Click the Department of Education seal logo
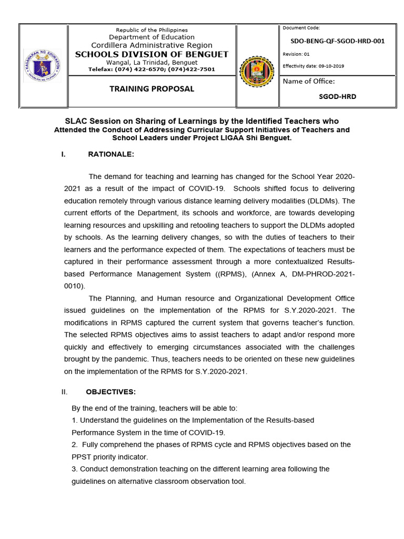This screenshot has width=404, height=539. coord(43,66)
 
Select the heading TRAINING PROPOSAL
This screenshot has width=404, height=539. coord(151,89)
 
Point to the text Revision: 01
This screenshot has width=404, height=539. coord(296,54)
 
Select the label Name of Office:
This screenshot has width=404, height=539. coord(308,81)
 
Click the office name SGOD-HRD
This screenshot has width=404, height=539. coord(337,97)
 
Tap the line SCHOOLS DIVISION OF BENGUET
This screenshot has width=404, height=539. coord(151,54)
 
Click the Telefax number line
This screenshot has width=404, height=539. coord(151,69)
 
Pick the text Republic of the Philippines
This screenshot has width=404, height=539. coord(151,30)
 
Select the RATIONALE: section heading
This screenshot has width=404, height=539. coord(111,154)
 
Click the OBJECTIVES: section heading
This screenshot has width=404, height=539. coord(112,392)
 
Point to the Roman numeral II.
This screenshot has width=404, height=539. coord(65,392)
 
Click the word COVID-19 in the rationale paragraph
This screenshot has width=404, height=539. coord(206,188)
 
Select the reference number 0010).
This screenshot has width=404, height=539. coord(74,286)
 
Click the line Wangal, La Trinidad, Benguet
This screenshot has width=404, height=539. coord(151,62)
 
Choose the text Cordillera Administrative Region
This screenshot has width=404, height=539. coord(151,45)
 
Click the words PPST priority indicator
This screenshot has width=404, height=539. coord(110,456)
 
